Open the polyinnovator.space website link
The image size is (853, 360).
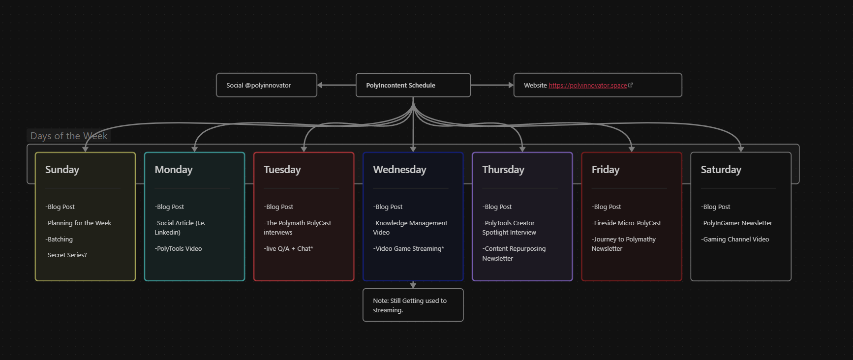(x=587, y=86)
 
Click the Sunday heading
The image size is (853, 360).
(x=62, y=170)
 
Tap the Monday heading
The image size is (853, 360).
(x=174, y=170)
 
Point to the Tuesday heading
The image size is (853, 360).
(x=282, y=170)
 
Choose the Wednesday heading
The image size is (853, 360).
(x=399, y=170)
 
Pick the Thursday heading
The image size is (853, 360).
(x=503, y=170)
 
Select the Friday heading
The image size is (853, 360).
(x=605, y=170)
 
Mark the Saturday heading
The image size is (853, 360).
(x=721, y=170)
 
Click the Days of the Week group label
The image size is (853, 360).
(x=68, y=136)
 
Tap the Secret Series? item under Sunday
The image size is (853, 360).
(x=66, y=255)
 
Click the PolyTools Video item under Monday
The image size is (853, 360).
(x=179, y=249)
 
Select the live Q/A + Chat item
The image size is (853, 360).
(x=289, y=249)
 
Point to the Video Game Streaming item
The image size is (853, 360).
(x=409, y=249)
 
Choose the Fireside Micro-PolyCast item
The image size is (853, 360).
(x=627, y=223)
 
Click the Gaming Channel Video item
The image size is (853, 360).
(x=735, y=240)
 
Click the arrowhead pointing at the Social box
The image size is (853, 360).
(x=320, y=85)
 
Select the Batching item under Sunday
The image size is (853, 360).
(x=60, y=240)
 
